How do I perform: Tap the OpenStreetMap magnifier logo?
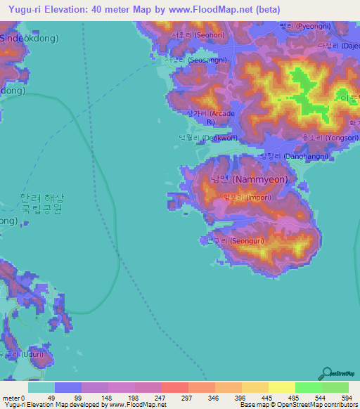click(327, 372)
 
